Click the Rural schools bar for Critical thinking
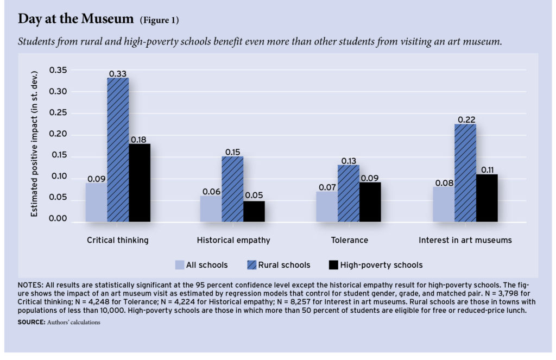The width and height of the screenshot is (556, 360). click(x=118, y=149)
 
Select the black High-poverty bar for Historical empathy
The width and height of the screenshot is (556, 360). click(x=254, y=211)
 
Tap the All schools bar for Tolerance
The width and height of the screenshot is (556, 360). click(x=327, y=206)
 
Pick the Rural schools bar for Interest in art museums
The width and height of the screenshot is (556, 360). click(x=465, y=173)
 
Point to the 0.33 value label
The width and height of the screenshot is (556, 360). click(x=118, y=73)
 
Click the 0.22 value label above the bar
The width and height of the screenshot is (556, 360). click(x=465, y=119)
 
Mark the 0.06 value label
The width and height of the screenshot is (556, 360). click(x=211, y=191)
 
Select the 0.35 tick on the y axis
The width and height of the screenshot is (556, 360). click(x=58, y=70)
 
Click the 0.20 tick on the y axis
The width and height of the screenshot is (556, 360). click(x=58, y=135)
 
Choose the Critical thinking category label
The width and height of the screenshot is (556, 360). click(x=117, y=240)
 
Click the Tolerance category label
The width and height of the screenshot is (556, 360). click(x=349, y=240)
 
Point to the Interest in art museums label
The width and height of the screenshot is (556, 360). click(x=465, y=240)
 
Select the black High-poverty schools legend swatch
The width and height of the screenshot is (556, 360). click(x=333, y=265)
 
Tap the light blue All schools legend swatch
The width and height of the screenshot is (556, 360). click(x=179, y=265)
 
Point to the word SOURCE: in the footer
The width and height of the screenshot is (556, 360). click(x=31, y=322)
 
